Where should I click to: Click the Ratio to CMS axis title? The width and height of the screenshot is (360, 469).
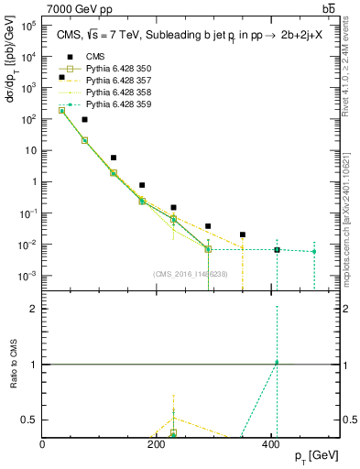(12, 364)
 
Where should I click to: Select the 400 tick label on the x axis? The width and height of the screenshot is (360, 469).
(271, 444)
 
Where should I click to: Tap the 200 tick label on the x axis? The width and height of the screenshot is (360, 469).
(157, 444)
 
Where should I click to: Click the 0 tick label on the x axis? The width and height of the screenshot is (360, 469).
(43, 444)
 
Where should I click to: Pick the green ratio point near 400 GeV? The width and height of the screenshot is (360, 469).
(277, 363)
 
